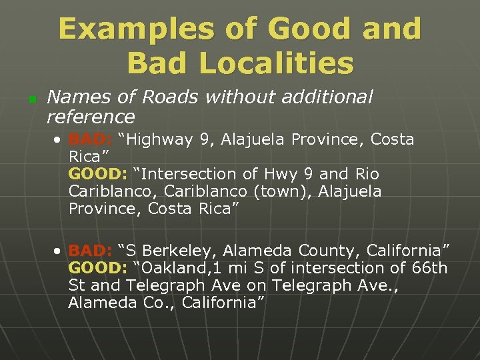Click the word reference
point(91,117)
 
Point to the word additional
point(324,97)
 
